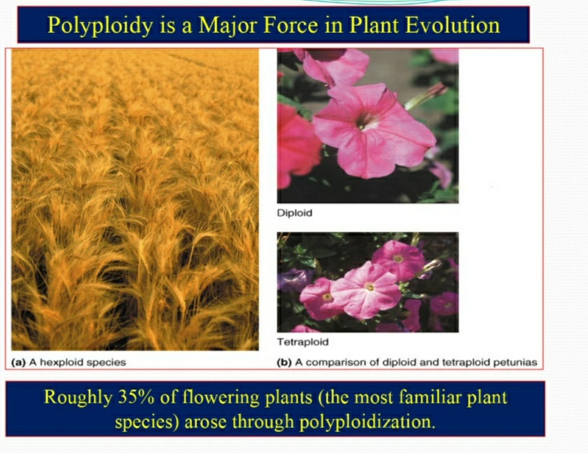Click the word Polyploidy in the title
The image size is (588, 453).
(100, 25)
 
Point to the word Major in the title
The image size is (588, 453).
(228, 26)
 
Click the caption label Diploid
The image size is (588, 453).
(295, 213)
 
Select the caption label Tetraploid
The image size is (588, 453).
(302, 342)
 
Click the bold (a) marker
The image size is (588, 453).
(18, 363)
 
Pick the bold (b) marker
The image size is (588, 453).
(284, 363)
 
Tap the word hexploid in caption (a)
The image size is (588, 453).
(61, 363)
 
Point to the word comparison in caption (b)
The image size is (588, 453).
(331, 363)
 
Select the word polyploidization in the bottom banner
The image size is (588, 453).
(367, 422)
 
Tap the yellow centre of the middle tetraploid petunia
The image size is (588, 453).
(369, 287)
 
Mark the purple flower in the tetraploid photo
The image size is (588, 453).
(293, 280)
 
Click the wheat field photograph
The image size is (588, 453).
(135, 200)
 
